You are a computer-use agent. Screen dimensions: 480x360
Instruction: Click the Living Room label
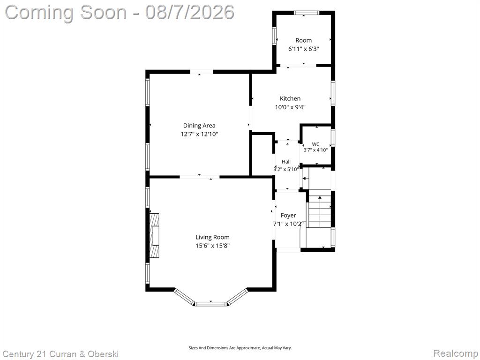[x=212, y=237]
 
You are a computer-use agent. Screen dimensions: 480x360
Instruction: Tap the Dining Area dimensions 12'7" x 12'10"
[x=199, y=134]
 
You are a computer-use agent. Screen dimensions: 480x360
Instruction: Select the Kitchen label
[x=290, y=98]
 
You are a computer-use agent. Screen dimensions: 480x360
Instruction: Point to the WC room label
[x=315, y=144]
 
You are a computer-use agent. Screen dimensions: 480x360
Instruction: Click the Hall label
[x=286, y=162]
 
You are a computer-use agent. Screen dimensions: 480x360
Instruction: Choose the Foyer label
[x=288, y=216]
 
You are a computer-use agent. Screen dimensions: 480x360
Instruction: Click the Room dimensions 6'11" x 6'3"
[x=304, y=49]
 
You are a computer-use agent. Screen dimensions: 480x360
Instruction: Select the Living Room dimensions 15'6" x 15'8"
[x=212, y=246]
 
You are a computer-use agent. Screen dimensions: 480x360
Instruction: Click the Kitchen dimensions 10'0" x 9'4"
[x=290, y=107]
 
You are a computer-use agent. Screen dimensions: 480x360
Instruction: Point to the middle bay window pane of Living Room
[x=211, y=304]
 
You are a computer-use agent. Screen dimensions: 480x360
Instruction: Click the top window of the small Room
[x=307, y=13]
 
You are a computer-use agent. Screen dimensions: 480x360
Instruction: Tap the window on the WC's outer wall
[x=333, y=137]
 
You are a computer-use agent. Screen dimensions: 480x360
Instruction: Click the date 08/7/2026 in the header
[x=190, y=12]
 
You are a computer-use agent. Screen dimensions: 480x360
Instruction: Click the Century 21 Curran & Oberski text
[x=60, y=354]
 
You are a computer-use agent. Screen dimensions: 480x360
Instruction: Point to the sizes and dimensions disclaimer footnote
[x=240, y=348]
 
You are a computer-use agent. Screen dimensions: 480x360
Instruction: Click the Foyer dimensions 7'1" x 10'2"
[x=288, y=224]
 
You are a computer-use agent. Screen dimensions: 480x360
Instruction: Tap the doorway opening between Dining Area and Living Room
[x=200, y=177]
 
